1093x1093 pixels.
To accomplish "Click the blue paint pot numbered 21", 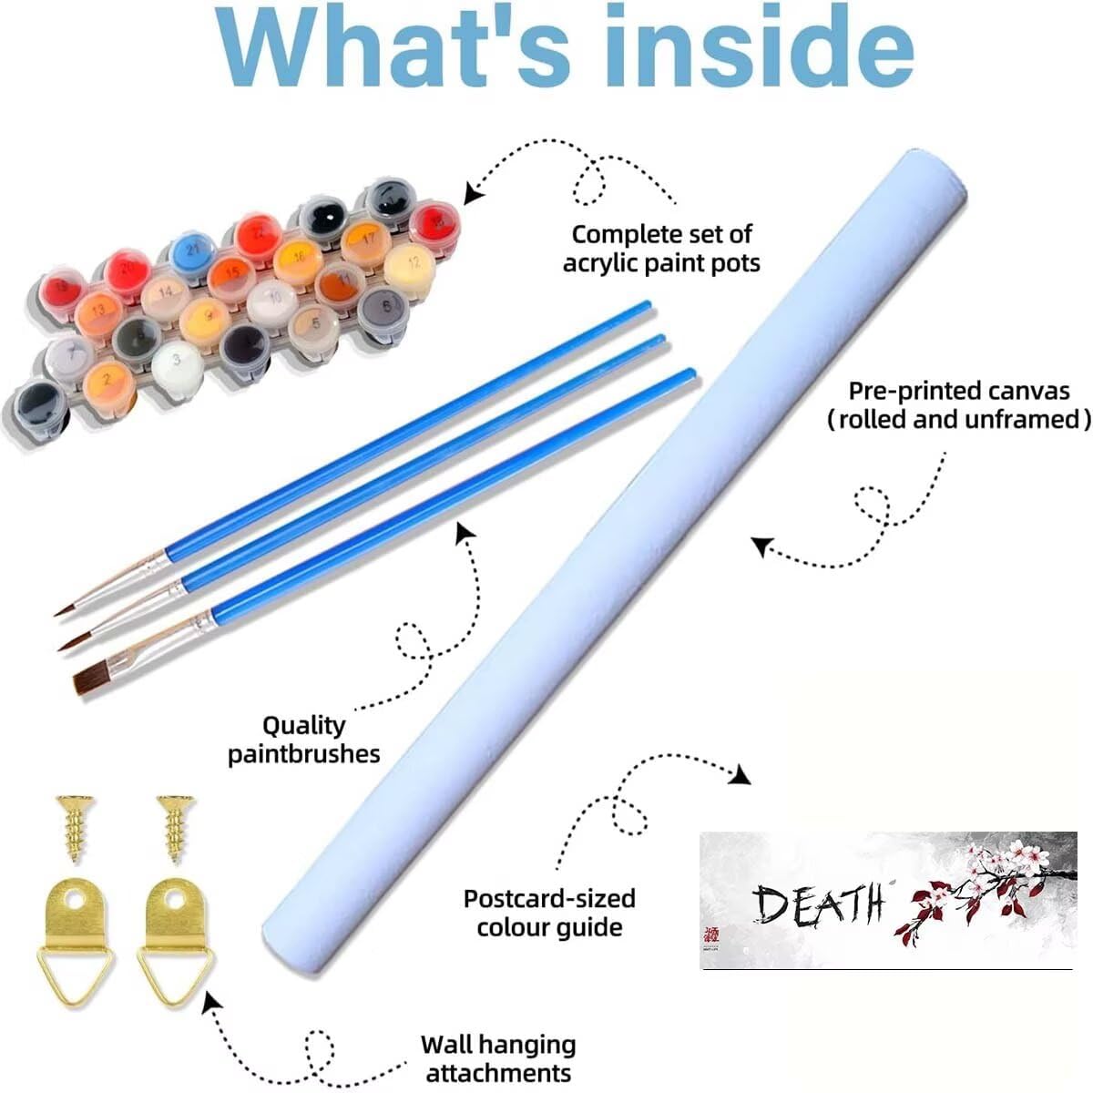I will (192, 249).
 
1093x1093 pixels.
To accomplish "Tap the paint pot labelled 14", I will (165, 292).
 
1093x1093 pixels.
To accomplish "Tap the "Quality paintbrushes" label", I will (304, 739).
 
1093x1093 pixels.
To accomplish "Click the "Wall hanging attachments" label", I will (498, 1057).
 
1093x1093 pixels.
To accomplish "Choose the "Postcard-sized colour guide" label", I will (549, 913).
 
